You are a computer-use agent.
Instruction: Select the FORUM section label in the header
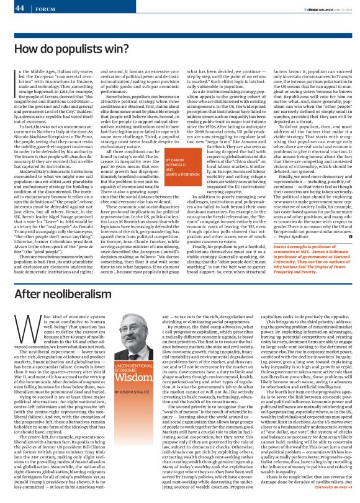click(42, 9)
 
